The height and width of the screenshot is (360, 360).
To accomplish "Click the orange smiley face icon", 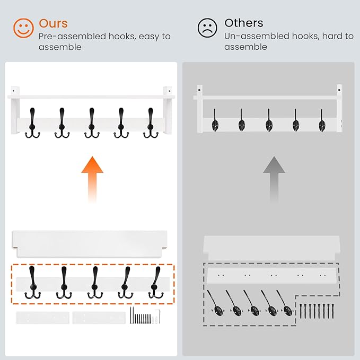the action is pos(23,28).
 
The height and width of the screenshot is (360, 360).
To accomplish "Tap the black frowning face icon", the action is pos(207,28).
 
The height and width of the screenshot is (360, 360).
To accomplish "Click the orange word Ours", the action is pos(53,23).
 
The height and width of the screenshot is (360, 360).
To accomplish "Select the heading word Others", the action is pos(244,23).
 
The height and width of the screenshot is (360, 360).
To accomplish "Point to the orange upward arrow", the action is pos(92,179).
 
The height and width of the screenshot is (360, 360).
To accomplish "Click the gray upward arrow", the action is pos(274,179).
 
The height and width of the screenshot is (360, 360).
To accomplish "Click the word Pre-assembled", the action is pos(72,37).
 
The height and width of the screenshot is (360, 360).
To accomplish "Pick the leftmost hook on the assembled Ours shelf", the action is pos(32,124).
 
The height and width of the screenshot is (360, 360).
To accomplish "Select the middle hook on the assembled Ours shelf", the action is pos(92,124).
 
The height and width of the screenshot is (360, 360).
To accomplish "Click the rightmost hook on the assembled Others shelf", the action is pos(322,122).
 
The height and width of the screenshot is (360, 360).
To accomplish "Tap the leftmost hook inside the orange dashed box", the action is pos(32,283).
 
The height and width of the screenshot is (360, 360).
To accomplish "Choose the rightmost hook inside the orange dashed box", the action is pos(156,283).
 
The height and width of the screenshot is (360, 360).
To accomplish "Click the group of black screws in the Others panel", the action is pos(317,311).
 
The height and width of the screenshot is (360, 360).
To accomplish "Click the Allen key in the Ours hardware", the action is pos(158,316).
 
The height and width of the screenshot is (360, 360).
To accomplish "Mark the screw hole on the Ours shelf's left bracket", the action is pos(13,91).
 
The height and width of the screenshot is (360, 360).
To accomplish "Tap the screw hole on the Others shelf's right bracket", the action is pos(339,90).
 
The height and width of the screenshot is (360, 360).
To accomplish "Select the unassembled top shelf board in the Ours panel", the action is pos(90,244).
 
